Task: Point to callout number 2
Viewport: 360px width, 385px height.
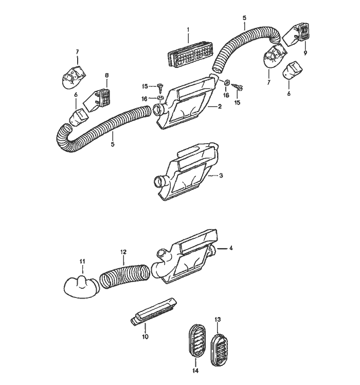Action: pos(220,107)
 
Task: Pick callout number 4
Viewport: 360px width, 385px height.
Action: pos(231,248)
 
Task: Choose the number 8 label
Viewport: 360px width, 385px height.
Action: pos(107,76)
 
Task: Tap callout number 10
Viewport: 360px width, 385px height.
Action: pos(145,337)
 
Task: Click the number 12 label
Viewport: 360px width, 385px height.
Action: pos(123,252)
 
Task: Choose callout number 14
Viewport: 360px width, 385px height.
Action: pos(195,371)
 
